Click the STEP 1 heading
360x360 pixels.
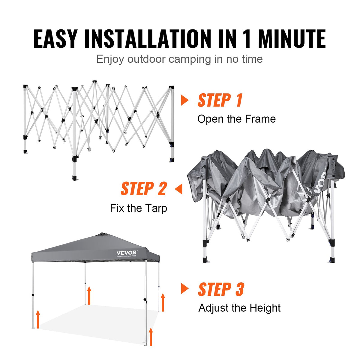220,100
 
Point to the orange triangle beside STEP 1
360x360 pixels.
185,100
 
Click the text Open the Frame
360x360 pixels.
236,119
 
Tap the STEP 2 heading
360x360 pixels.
143,189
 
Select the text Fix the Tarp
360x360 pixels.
138,208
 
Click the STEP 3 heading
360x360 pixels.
221,289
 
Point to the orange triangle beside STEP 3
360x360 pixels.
185,289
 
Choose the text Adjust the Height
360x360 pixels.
239,308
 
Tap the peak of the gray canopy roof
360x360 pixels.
103,234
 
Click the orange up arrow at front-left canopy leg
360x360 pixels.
38,319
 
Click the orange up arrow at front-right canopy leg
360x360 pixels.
151,337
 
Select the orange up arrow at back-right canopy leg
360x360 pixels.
163,302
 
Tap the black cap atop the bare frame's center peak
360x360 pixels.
95,81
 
